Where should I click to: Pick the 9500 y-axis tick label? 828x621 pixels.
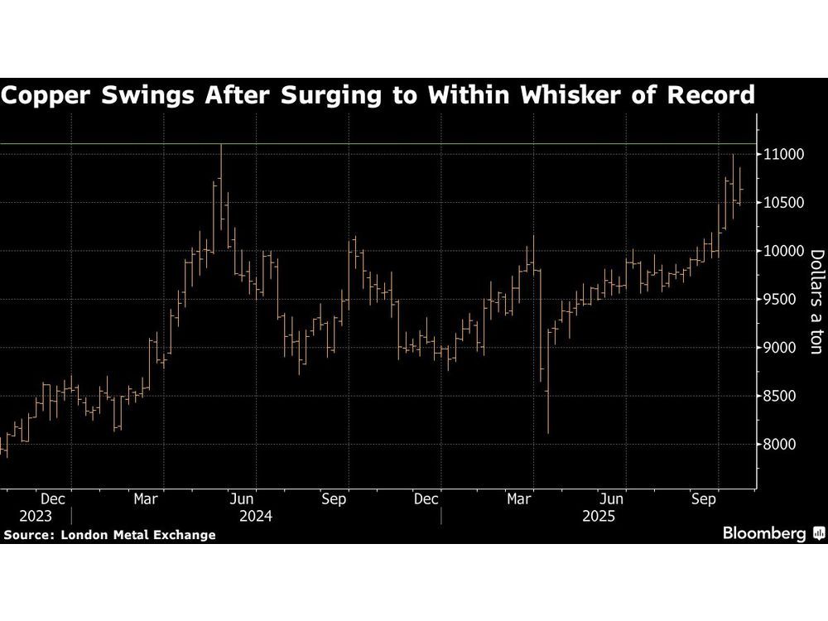[779, 300]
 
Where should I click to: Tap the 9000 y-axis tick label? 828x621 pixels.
[779, 348]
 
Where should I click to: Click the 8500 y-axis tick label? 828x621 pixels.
[779, 397]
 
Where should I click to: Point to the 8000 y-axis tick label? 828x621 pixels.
[779, 445]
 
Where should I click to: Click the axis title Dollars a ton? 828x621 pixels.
[816, 303]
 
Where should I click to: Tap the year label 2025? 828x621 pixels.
[598, 516]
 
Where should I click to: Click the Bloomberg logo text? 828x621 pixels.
[766, 534]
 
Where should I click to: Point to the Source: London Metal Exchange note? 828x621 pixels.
[109, 535]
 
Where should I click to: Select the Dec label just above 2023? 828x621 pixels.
[53, 499]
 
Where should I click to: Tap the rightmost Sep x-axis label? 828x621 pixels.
[704, 499]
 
